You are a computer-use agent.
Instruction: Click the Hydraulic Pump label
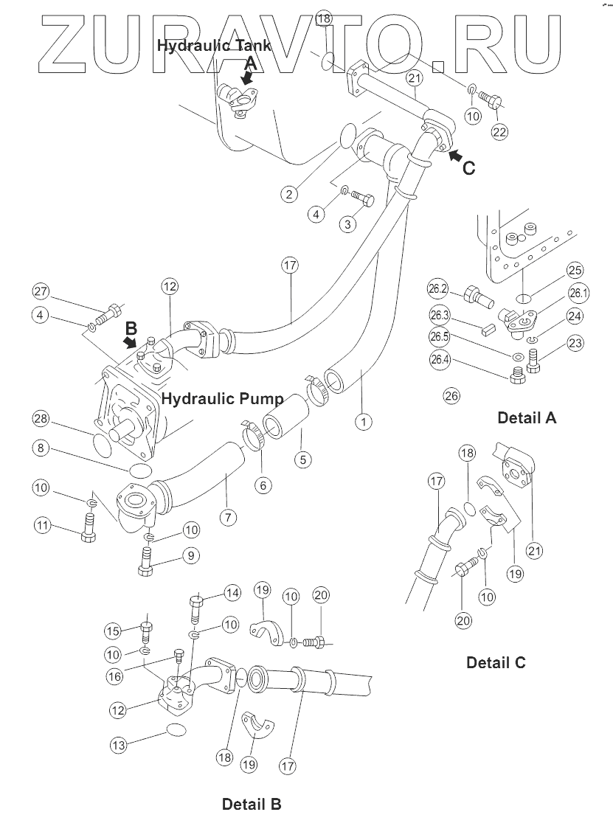point(222,399)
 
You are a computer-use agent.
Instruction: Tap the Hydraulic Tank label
point(213,45)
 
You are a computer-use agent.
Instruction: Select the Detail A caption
point(527,417)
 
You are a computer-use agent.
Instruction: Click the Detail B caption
point(252,803)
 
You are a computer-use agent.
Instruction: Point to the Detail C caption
point(496,662)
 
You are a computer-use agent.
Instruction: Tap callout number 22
point(500,132)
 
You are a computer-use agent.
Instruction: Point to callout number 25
point(575,271)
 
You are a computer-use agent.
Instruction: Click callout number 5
point(302,459)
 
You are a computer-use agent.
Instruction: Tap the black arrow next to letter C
point(455,156)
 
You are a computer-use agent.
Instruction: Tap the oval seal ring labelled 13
point(176,729)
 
